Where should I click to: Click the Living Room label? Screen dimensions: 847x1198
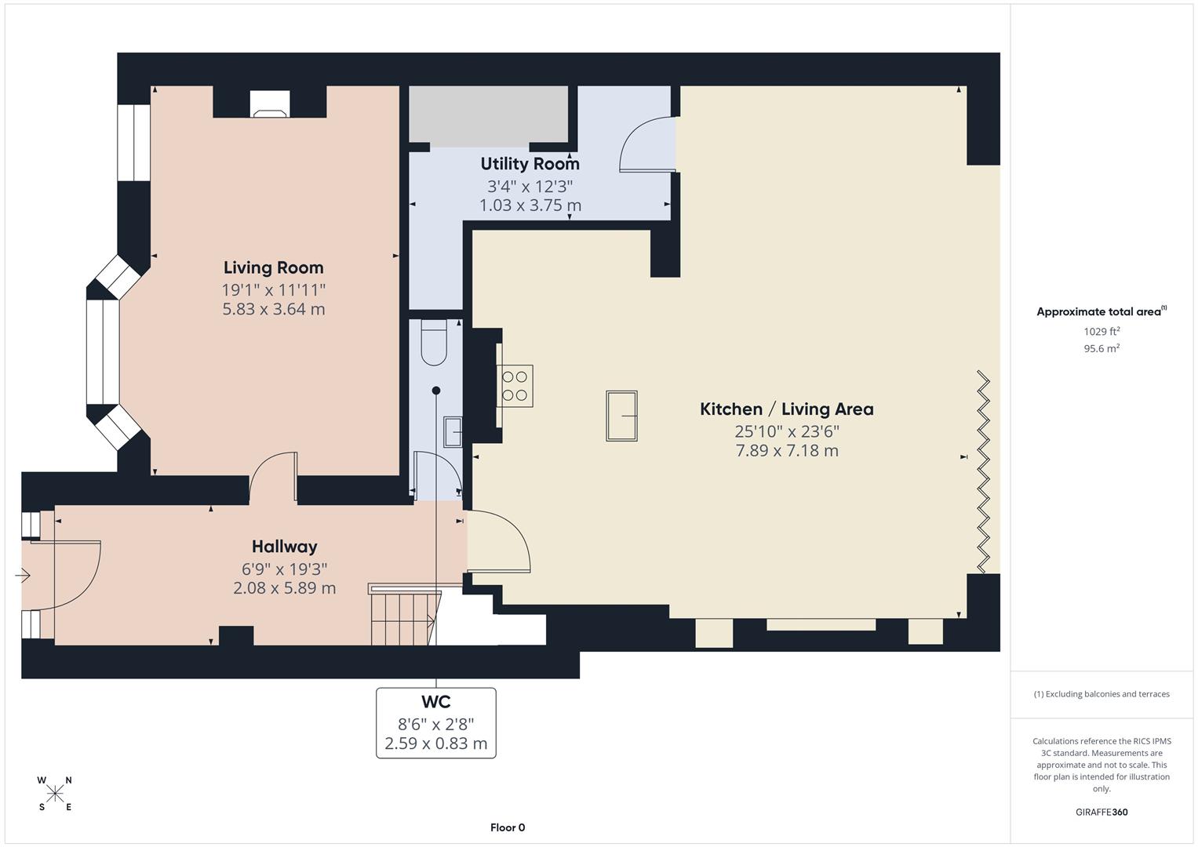[x=273, y=268]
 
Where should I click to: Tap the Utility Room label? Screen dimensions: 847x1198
[x=530, y=164]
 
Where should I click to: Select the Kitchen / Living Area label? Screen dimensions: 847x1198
[x=786, y=409]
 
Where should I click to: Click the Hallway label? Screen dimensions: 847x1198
[x=284, y=547]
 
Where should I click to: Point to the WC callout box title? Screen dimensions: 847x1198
[x=435, y=702]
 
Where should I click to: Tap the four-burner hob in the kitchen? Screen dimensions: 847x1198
[x=515, y=386]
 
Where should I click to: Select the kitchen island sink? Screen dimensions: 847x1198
[x=621, y=416]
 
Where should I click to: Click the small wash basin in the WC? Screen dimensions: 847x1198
[x=453, y=431]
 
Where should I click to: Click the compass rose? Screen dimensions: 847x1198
[x=55, y=794]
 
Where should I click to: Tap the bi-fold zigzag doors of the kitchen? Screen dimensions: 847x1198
[x=982, y=472]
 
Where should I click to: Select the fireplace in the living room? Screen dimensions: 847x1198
[x=269, y=104]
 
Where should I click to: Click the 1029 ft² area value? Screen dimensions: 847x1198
[x=1102, y=332]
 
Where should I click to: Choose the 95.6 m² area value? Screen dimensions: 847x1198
[x=1102, y=349]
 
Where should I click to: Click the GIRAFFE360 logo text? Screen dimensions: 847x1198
[x=1102, y=812]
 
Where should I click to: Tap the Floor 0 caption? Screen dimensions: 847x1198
[x=508, y=827]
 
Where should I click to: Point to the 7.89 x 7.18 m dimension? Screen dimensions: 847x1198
[x=786, y=451]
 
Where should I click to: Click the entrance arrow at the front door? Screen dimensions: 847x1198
[x=23, y=576]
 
